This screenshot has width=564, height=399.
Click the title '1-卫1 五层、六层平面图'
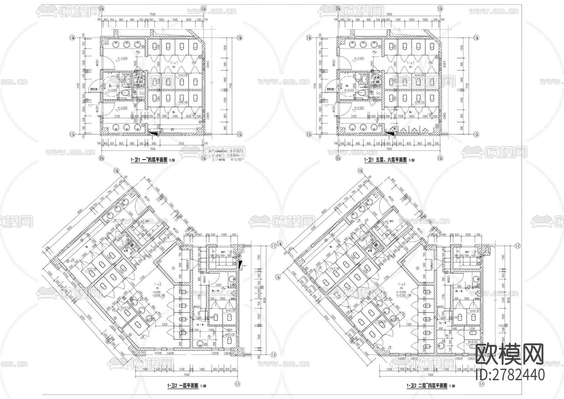(x=385, y=160)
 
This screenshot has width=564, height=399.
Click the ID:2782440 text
(x=510, y=375)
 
